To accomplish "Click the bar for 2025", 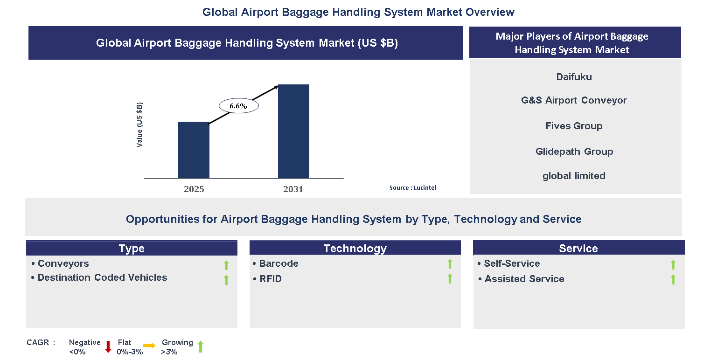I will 194,150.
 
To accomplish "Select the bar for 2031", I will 293,131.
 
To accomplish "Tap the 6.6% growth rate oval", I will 238,106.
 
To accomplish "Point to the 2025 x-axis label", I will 194,189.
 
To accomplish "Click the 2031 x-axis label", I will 293,189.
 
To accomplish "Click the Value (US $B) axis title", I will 139,125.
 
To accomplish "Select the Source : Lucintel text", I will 413,187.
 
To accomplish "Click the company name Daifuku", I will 574,77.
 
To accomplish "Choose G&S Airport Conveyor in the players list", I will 574,100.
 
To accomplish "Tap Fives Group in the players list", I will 574,126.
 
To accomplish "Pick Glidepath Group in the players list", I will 574,152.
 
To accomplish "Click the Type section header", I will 132,249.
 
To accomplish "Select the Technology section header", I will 355,249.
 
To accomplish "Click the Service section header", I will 578,249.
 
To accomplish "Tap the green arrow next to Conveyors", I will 226,265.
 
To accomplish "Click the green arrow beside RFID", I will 450,279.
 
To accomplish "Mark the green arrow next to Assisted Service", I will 673,279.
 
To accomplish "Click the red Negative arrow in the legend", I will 108,346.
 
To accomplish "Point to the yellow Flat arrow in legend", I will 150,346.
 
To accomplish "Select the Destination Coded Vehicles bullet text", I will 102,277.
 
